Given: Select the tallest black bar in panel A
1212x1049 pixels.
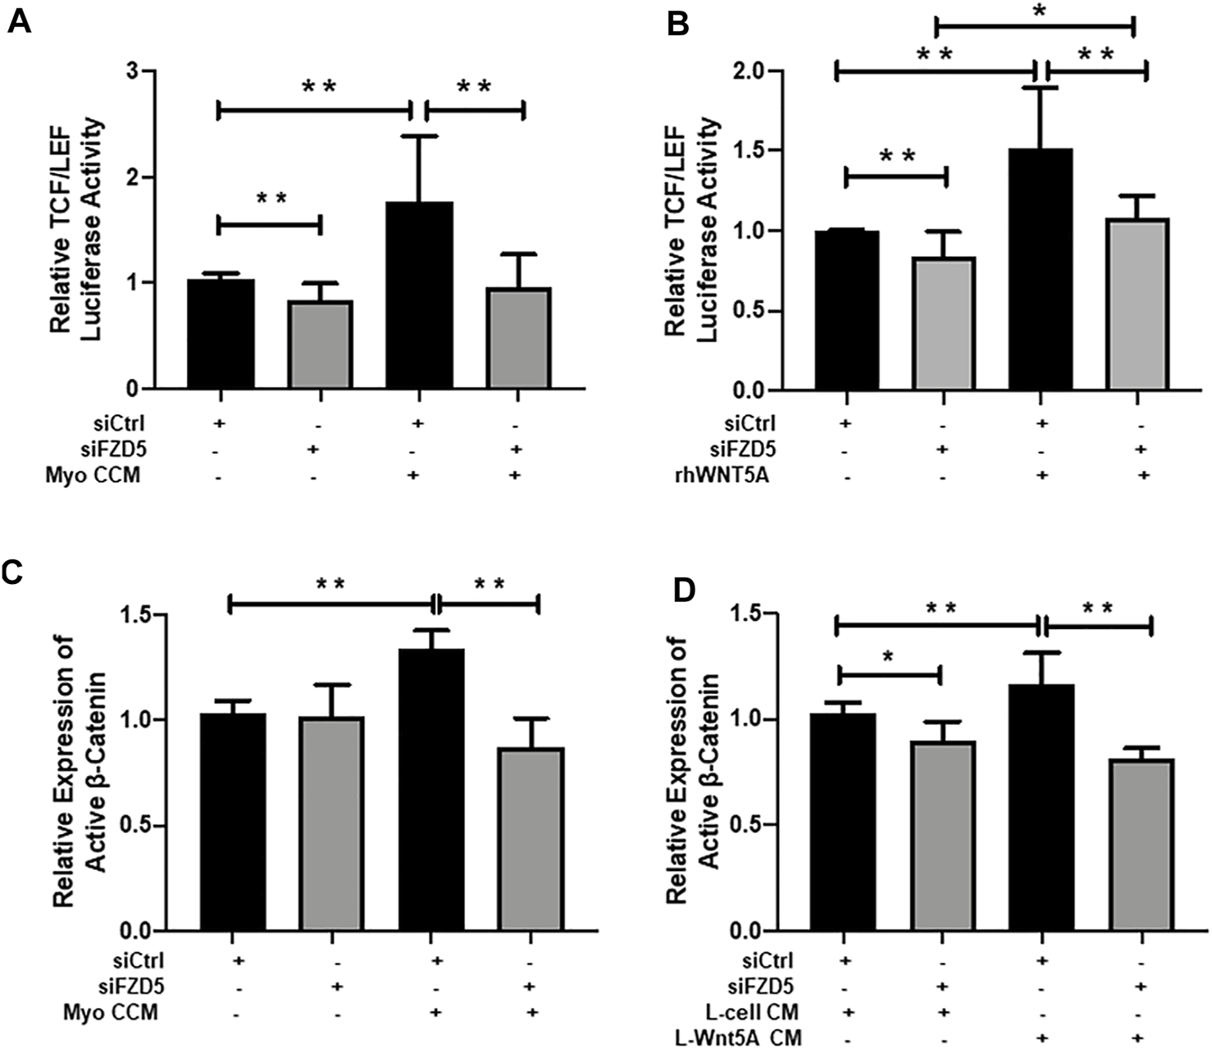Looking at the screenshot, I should coord(419,295).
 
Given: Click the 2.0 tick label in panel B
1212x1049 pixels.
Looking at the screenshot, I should coord(752,71).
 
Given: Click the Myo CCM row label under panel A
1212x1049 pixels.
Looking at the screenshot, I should coord(93,475).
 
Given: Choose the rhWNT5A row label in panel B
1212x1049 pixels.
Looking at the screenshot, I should coord(718,475).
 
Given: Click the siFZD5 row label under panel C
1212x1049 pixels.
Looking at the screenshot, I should coord(113,986).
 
